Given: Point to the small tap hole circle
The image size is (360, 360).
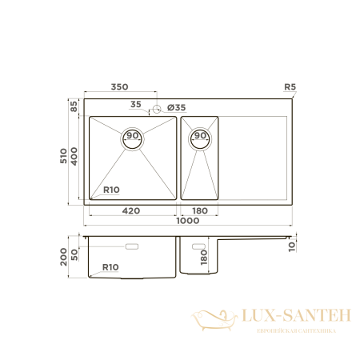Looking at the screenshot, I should pyautogui.click(x=158, y=107).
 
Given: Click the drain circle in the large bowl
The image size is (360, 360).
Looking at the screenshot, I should pyautogui.click(x=133, y=137).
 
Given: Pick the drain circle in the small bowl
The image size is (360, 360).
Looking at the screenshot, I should pyautogui.click(x=200, y=138).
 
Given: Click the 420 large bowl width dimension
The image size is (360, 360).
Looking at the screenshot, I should pyautogui.click(x=133, y=211).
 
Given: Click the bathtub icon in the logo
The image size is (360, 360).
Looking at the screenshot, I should pyautogui.click(x=212, y=319).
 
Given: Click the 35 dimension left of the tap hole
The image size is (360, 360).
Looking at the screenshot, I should pyautogui.click(x=135, y=104).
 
